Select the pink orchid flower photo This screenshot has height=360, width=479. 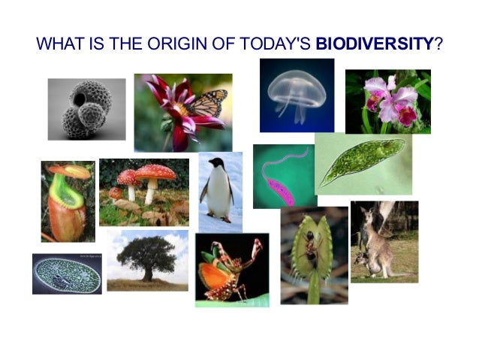(388, 102)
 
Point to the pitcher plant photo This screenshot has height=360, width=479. (68, 201)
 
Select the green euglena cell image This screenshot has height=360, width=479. (363, 163)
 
